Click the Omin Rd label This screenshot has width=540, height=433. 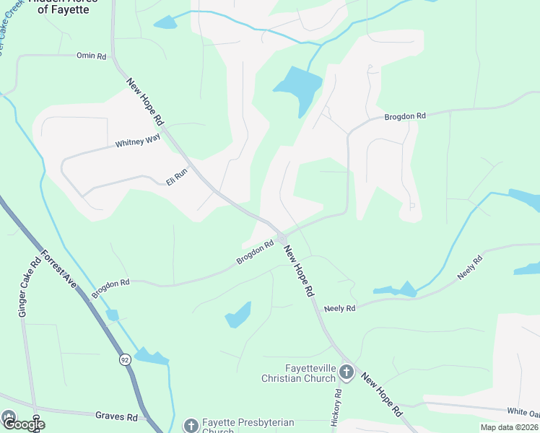point(91,55)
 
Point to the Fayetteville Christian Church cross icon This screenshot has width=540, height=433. point(347,372)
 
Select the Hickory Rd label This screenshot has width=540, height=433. point(337,408)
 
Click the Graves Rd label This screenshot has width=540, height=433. point(116,416)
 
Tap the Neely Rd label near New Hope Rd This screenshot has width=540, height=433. point(340,308)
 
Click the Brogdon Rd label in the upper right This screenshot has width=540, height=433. point(405,115)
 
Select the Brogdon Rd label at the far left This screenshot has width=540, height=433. point(110,284)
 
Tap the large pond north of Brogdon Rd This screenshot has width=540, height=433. point(297,87)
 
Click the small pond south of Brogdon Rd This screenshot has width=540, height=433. point(239,315)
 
